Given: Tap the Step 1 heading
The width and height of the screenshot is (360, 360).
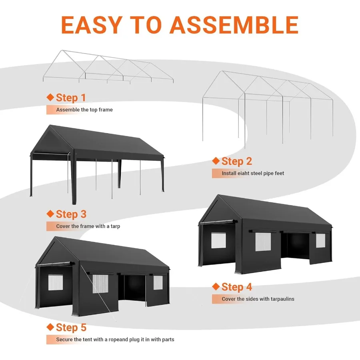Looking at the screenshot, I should point(71,98).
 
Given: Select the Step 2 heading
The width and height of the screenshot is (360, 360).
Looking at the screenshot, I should point(237,161).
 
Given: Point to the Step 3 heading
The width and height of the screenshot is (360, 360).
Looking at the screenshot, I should point(71,214).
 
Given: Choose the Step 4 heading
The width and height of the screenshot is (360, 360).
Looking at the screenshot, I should point(237,287).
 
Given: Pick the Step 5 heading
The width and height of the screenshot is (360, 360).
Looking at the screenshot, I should point(71,328).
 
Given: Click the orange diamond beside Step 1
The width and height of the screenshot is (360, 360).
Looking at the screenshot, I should point(50,97).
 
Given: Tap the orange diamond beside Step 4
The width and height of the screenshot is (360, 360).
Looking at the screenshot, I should point(216,286).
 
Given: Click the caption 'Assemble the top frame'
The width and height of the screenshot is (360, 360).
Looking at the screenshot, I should point(84,110).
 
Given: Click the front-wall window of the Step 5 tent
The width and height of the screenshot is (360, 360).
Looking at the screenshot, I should point(56,282).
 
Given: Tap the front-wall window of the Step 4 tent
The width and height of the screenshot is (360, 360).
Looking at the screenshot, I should point(218,240).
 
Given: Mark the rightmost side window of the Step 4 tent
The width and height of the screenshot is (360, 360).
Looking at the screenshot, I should point(320,240).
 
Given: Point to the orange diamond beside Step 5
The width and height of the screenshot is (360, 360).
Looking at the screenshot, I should point(50,327).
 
